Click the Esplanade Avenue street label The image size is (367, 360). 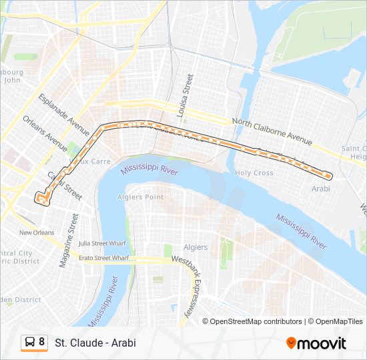[63, 115]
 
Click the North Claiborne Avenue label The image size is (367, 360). [272, 132]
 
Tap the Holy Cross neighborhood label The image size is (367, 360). [254, 173]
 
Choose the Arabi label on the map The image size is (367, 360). [321, 189]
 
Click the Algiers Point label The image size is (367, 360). [144, 197]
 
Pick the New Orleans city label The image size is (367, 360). [37, 233]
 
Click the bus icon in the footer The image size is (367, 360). [30, 342]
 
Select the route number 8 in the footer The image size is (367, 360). [41, 342]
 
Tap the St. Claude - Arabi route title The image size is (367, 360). [95, 343]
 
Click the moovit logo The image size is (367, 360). [316, 343]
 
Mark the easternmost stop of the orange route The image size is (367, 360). [326, 175]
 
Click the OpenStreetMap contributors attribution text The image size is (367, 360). [256, 321]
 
